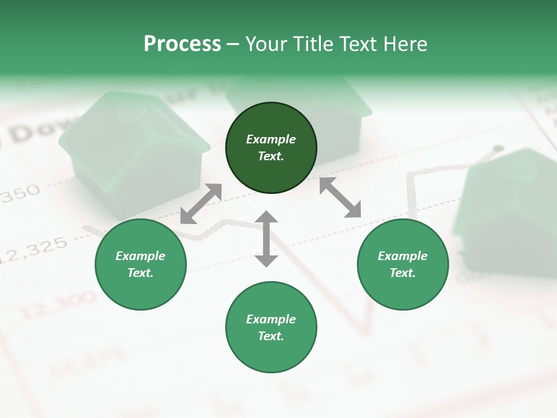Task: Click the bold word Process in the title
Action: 182,44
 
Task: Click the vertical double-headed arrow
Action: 266,239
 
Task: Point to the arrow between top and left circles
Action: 201,204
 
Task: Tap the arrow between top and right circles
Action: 341,197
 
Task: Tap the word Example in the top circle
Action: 271,139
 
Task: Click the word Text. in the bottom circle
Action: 271,336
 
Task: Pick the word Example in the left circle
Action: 140,256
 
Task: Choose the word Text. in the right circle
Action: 403,273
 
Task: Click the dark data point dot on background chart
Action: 497,149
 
